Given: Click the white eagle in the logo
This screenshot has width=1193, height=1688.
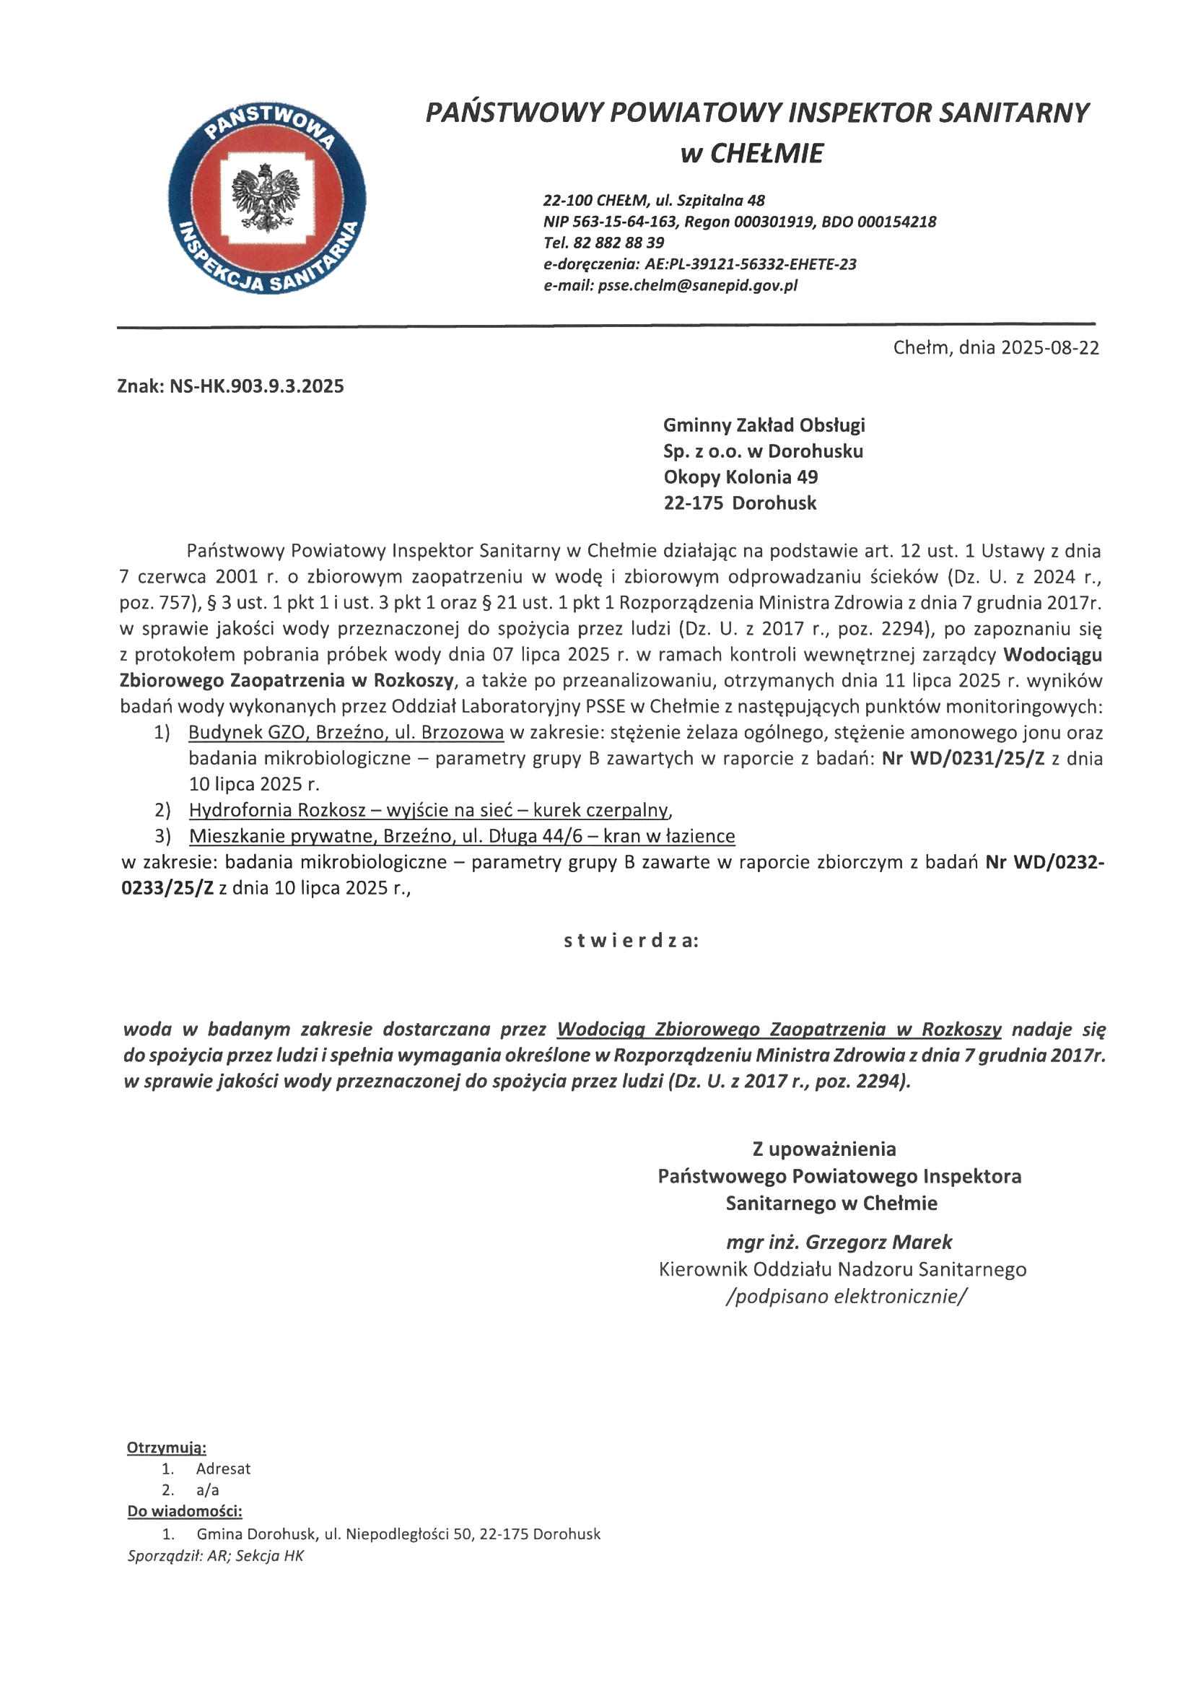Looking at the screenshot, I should point(266,197).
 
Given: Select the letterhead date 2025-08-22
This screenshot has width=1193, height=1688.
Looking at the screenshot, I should point(1049,348).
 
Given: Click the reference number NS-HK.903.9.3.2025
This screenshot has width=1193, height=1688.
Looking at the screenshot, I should point(256,386).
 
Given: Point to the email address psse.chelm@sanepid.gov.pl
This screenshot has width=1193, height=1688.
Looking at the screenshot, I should point(697,285).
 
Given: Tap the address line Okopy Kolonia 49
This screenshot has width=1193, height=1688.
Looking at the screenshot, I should point(740,477).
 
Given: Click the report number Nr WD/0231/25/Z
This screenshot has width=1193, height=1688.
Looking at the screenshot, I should point(963,759).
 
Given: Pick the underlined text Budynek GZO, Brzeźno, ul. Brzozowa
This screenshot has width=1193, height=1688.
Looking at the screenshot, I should point(346,732).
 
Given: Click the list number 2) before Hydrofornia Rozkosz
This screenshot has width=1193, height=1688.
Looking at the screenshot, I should point(162,810).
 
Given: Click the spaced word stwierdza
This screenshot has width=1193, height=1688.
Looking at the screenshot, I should point(631,941).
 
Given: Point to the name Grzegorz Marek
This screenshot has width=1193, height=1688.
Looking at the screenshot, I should point(878,1242).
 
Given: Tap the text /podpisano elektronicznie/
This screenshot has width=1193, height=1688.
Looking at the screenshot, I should point(846,1295).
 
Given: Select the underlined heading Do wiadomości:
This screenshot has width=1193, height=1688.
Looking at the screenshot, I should point(185,1512).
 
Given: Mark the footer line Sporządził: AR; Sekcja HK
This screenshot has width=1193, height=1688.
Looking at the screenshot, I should point(215,1556).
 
